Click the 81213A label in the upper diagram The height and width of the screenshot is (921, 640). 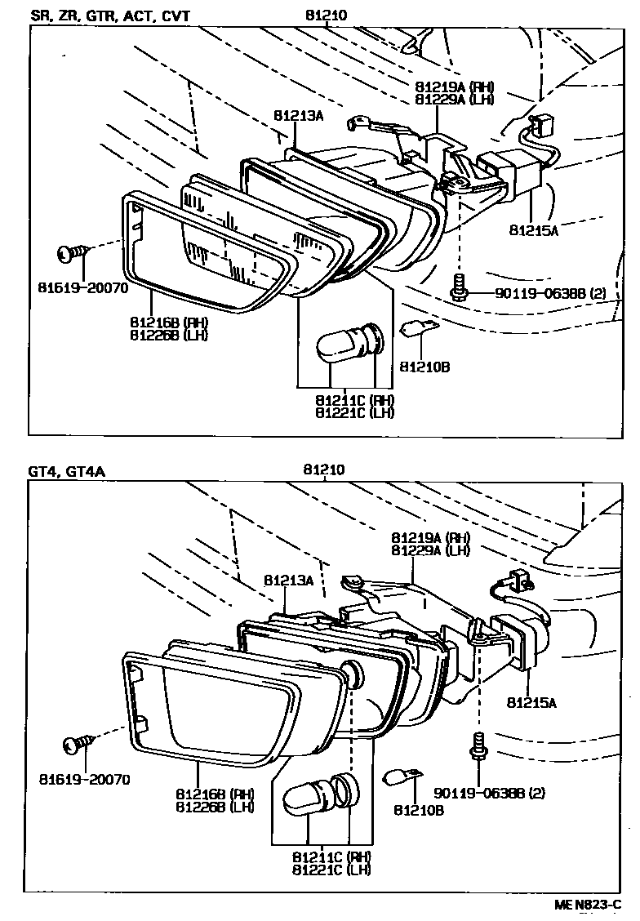(299, 116)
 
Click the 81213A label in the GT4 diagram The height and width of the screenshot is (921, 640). (288, 580)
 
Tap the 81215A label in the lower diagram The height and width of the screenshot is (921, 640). (532, 701)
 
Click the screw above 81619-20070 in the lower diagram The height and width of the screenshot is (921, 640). (78, 744)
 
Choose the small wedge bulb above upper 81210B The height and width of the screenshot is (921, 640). (418, 331)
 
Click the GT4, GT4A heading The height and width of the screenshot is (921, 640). (66, 471)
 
